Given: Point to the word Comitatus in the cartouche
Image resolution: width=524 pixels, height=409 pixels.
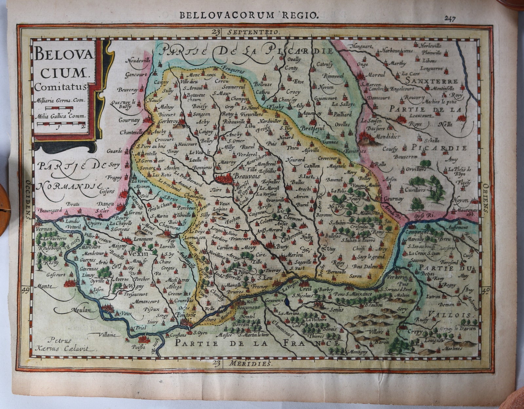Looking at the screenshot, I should point(61,87).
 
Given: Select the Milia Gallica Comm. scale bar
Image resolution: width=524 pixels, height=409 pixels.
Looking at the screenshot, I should point(61,124).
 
